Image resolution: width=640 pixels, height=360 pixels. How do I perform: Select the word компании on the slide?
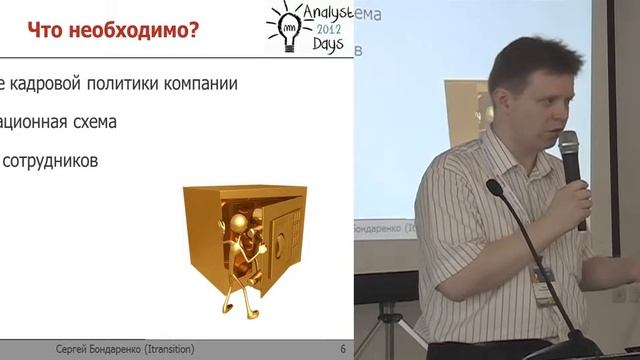pyautogui.click(x=199, y=83)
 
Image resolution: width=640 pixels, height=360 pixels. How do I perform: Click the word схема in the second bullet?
pyautogui.click(x=91, y=122)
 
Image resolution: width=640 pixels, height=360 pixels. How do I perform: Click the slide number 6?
pyautogui.click(x=343, y=349)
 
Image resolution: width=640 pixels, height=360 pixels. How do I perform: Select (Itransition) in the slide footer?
pyautogui.click(x=194, y=349)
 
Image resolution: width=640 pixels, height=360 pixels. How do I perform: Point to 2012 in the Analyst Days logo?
pyautogui.click(x=329, y=30)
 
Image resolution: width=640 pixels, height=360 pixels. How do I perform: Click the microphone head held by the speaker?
pyautogui.click(x=569, y=148)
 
